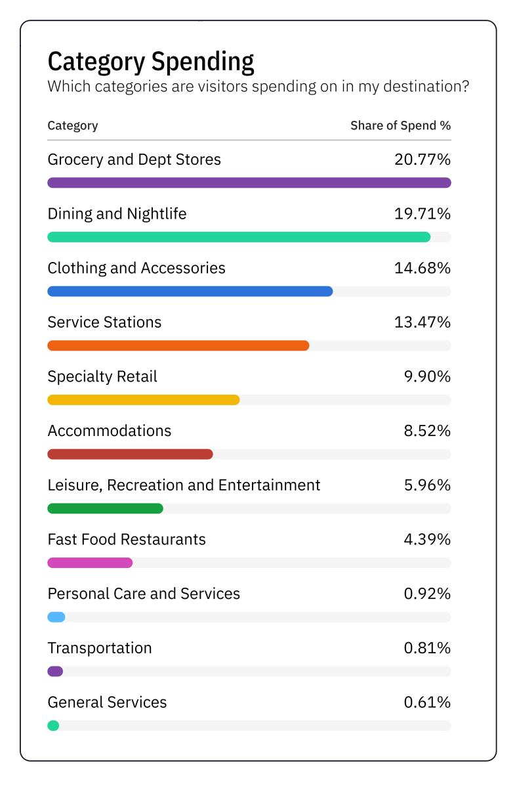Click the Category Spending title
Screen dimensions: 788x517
(x=151, y=62)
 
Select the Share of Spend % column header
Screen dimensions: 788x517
(x=400, y=125)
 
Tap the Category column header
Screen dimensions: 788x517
(x=73, y=125)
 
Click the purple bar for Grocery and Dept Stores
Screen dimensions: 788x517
(x=249, y=183)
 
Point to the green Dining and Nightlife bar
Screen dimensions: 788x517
(x=239, y=237)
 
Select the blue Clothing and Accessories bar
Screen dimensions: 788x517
(x=190, y=292)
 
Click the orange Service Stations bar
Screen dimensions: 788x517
(x=178, y=345)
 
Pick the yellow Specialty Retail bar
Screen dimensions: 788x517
(x=144, y=400)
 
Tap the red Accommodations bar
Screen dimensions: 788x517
(x=131, y=454)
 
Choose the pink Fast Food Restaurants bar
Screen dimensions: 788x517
(x=90, y=563)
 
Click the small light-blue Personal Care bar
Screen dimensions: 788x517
(x=56, y=617)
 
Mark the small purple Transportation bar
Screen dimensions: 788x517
(x=55, y=671)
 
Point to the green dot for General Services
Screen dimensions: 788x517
(x=53, y=726)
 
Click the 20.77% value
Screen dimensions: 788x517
(x=423, y=160)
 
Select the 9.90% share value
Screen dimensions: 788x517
(x=427, y=377)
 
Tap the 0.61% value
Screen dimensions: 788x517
(x=427, y=703)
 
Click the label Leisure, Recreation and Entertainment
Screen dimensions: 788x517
(x=184, y=485)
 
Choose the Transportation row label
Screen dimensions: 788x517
(x=100, y=648)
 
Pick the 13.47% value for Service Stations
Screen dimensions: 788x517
(x=423, y=322)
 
